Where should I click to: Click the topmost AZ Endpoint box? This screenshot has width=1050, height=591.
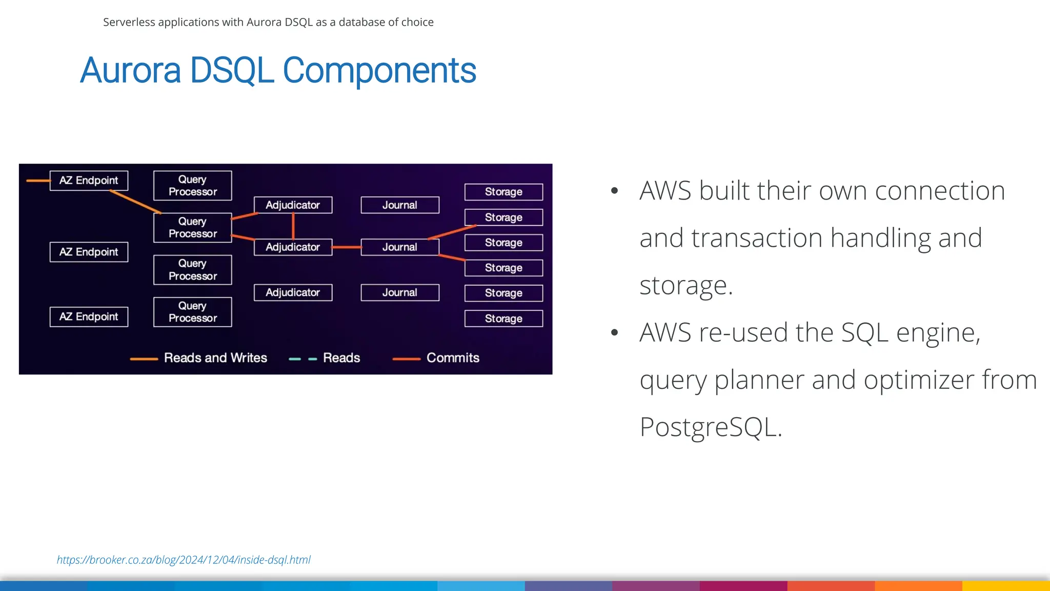[89, 181]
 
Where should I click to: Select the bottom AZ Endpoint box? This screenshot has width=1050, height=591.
[89, 317]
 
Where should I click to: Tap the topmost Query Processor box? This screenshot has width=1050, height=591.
[192, 185]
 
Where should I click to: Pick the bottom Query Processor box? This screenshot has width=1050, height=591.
[192, 312]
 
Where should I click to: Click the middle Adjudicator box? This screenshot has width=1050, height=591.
[293, 247]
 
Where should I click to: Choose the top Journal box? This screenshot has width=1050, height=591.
[400, 205]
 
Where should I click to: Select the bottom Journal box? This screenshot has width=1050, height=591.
[400, 292]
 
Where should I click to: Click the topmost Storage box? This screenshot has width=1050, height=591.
[503, 192]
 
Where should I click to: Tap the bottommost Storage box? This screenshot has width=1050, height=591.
[503, 319]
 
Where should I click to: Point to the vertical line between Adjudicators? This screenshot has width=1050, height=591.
[293, 226]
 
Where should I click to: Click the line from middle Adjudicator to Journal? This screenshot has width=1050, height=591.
[347, 247]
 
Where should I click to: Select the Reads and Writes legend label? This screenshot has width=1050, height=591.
[215, 358]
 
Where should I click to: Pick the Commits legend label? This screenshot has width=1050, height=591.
[453, 358]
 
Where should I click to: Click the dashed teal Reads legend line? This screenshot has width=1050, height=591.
[302, 359]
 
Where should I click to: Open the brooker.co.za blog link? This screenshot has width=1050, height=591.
[184, 560]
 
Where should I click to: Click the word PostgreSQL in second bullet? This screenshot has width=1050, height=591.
[711, 427]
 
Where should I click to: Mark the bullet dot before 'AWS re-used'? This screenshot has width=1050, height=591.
[615, 332]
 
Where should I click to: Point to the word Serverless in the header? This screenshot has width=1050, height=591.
[129, 22]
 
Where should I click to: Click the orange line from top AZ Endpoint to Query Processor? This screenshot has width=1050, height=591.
[135, 202]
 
